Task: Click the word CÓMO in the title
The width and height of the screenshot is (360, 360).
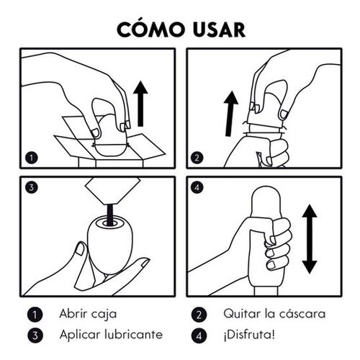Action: pyautogui.click(x=150, y=29)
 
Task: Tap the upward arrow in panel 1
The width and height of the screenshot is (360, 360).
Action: pyautogui.click(x=140, y=104)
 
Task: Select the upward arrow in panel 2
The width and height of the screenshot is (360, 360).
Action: pyautogui.click(x=230, y=114)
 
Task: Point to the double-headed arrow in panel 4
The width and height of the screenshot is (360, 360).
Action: pyautogui.click(x=310, y=239)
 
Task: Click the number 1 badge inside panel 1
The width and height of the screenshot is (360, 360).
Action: pyautogui.click(x=32, y=158)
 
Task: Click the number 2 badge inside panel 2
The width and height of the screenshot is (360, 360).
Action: pyautogui.click(x=197, y=158)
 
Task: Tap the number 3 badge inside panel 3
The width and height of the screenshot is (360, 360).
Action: pyautogui.click(x=32, y=187)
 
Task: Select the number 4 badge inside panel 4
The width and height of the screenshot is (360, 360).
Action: pyautogui.click(x=197, y=187)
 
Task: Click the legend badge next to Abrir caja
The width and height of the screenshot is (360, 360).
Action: pyautogui.click(x=35, y=315)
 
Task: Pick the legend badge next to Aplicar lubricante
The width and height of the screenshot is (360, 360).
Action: pyautogui.click(x=35, y=336)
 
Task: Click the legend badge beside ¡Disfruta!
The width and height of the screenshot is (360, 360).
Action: pyautogui.click(x=199, y=336)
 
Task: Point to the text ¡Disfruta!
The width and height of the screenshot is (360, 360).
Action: pyautogui.click(x=249, y=335)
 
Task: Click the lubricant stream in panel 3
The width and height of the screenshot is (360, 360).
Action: pyautogui.click(x=110, y=215)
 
